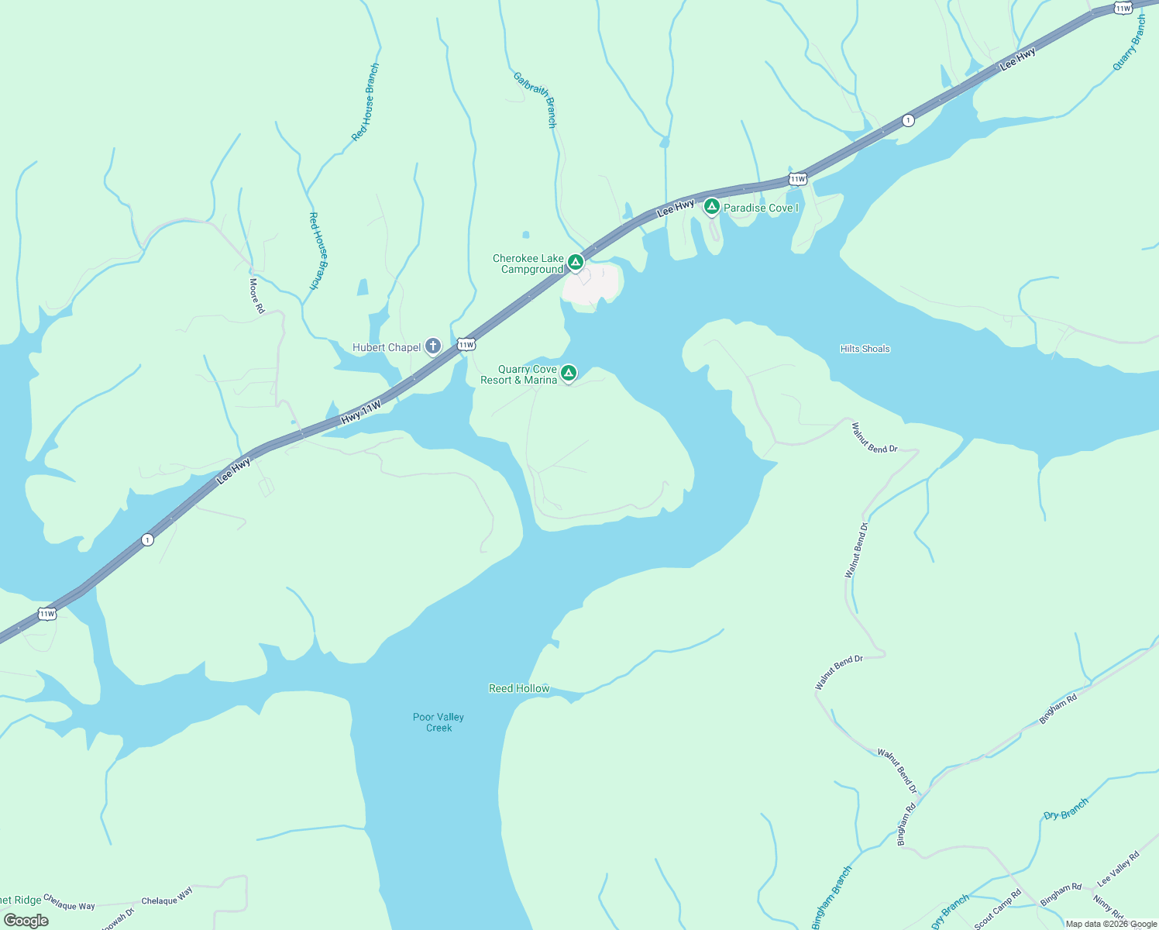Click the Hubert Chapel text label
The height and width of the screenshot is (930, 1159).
coord(387,347)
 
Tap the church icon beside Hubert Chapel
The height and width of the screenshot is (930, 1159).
coord(433,346)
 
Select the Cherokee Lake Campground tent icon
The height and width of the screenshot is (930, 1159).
coord(576,263)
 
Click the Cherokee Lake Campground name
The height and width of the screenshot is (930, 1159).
coord(529,263)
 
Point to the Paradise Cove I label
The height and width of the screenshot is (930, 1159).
coord(761,208)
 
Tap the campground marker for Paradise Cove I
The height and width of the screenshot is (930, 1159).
coord(711,207)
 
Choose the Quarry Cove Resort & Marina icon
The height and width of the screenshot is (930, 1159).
coord(569,374)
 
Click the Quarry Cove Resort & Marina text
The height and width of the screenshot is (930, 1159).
coord(519,374)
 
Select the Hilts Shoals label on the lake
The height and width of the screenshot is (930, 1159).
coord(865,349)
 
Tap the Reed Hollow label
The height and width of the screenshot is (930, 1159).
coord(519,688)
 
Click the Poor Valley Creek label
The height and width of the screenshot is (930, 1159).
coord(438,722)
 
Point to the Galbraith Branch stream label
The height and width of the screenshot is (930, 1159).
coord(535,99)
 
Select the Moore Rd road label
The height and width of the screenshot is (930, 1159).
coord(256,296)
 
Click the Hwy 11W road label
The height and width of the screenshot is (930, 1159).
coord(361,412)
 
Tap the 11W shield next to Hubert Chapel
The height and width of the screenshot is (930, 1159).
coord(466,344)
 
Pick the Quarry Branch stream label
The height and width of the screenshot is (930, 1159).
coord(1130,43)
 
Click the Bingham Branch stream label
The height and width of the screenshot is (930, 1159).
coord(832,897)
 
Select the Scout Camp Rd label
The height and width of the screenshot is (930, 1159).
coord(998,909)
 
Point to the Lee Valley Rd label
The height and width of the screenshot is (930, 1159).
coord(1118,869)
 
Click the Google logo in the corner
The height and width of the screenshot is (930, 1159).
coord(26,921)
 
